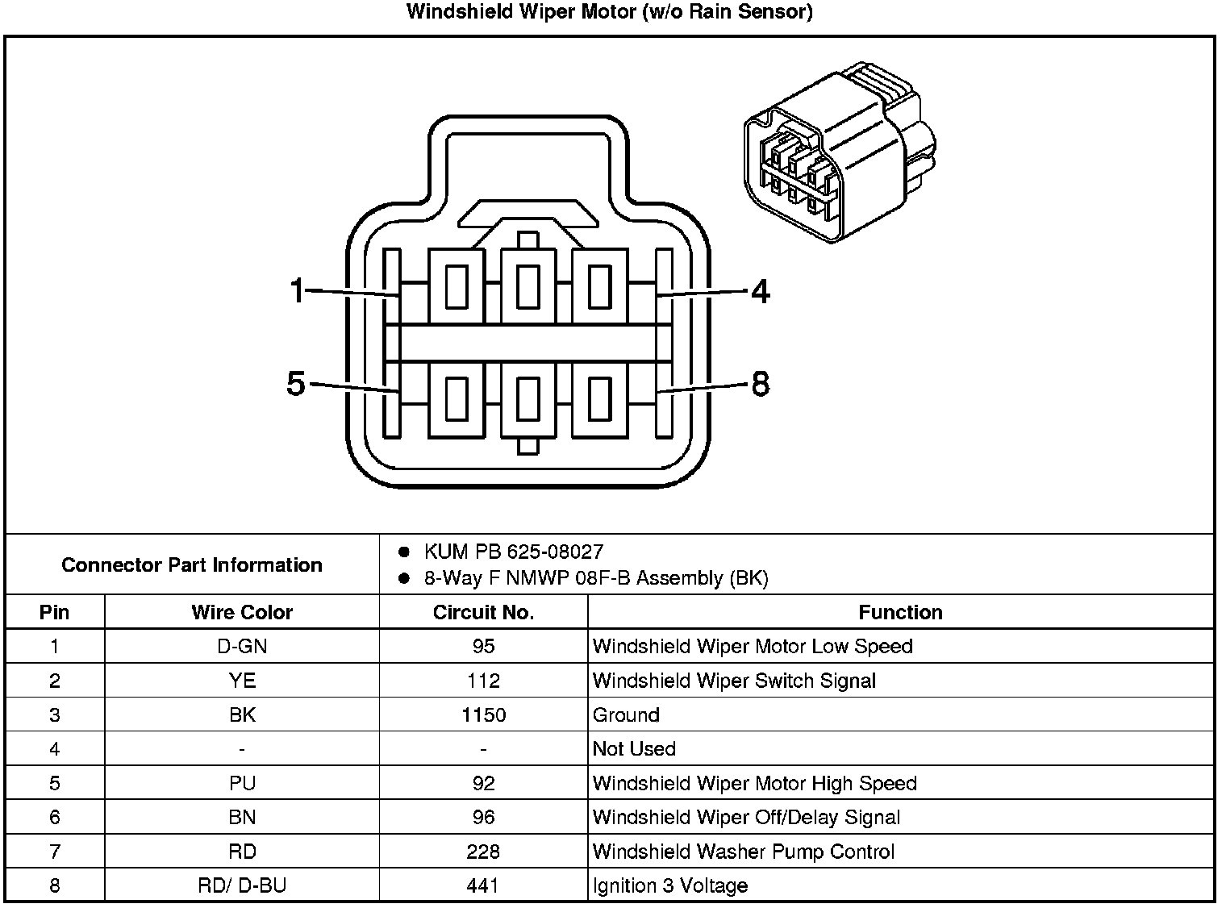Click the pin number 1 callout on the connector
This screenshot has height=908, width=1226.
(298, 290)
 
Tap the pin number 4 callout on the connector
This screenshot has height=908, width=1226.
(760, 292)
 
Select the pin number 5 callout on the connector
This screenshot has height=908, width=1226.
(296, 384)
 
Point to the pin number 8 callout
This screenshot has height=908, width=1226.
(760, 385)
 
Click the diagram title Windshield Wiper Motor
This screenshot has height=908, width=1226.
(609, 12)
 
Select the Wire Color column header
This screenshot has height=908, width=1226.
(242, 612)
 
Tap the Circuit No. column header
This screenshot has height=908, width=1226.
(483, 612)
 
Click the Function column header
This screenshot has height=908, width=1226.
(900, 612)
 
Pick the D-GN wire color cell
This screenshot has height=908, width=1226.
(242, 646)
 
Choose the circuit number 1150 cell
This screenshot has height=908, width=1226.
(483, 714)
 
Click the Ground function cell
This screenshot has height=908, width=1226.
(627, 714)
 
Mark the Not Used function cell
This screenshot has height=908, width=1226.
(634, 749)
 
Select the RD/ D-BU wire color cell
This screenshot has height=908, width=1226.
(242, 885)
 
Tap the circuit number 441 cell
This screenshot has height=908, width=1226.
(483, 885)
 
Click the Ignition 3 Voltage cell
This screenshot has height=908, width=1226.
(670, 885)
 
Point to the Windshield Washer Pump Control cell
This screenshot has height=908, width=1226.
(743, 852)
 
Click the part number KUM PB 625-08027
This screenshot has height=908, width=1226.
(513, 552)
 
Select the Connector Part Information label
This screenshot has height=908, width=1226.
(192, 564)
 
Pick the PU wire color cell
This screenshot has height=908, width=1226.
(242, 783)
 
